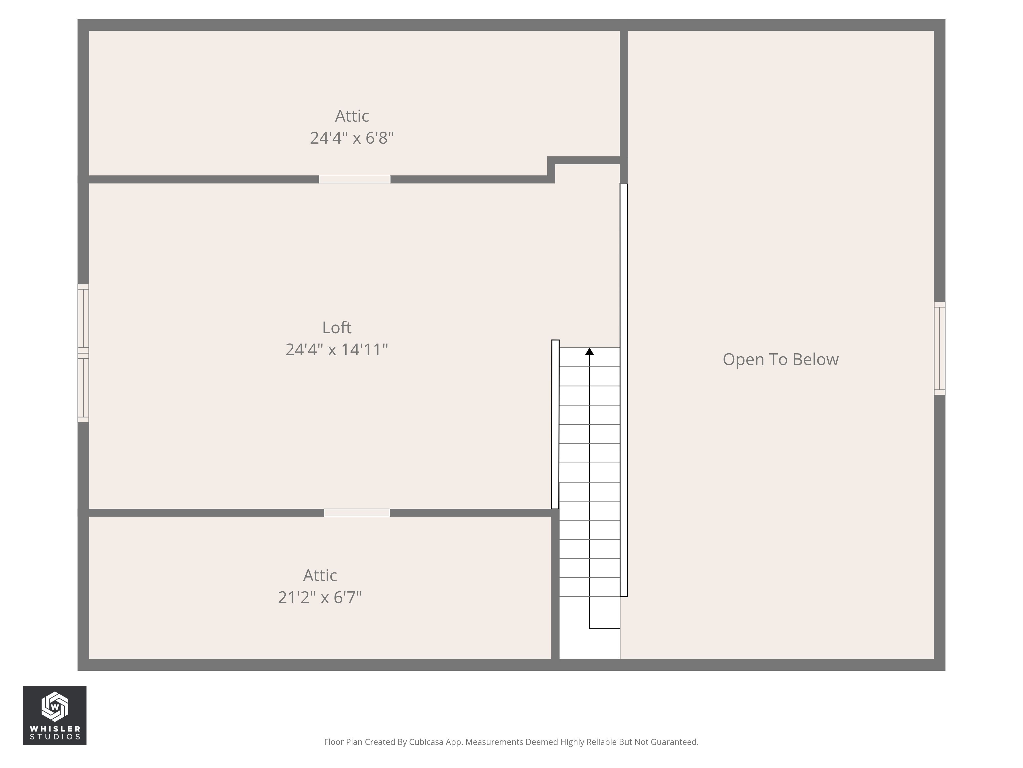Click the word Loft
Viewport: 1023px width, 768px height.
[x=337, y=328]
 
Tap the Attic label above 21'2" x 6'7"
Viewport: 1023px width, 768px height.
[x=320, y=575]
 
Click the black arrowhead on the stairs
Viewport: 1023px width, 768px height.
[x=589, y=352]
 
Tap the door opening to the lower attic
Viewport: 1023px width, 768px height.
[x=357, y=513]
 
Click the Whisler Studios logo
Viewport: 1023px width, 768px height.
[x=54, y=715]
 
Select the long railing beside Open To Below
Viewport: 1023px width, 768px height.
[x=624, y=390]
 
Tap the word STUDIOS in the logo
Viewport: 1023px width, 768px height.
[x=55, y=737]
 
